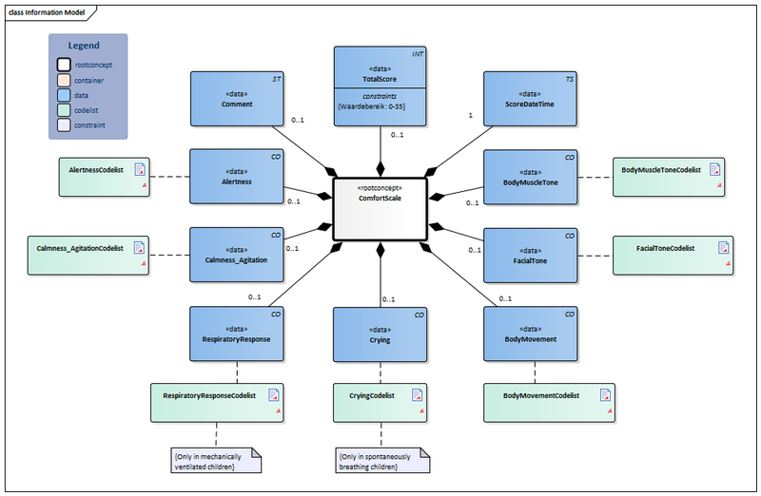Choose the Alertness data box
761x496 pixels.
click(x=237, y=176)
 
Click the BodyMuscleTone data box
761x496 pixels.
click(x=530, y=176)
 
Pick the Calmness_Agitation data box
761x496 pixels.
click(x=237, y=254)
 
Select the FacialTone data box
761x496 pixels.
click(x=530, y=254)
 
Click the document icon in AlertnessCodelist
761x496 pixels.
click(x=140, y=170)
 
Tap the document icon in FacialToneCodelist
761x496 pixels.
click(x=724, y=249)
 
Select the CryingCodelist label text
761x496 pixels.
click(x=366, y=394)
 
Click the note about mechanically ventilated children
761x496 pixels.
click(x=207, y=461)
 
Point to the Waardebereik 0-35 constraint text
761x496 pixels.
click(x=378, y=105)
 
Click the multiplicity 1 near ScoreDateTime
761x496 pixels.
click(x=469, y=116)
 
